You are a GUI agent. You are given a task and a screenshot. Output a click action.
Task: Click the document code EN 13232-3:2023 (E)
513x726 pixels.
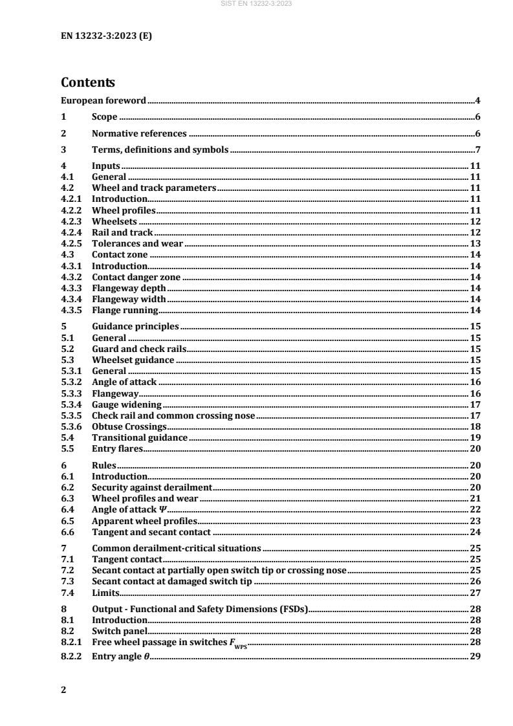pos(106,36)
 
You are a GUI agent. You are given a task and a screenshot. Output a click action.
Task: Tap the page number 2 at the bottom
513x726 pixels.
pos(63,689)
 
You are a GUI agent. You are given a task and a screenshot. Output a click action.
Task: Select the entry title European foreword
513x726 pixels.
pos(104,100)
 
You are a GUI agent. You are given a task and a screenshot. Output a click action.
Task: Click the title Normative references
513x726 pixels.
pos(139,134)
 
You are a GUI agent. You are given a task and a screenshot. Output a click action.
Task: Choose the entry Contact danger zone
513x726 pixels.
pos(131,277)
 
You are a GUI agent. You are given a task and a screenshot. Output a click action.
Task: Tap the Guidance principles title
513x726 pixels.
pos(135,327)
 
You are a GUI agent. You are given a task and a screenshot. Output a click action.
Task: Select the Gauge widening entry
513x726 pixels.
pos(127,404)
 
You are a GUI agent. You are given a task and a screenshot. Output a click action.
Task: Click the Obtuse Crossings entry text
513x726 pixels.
pos(129,427)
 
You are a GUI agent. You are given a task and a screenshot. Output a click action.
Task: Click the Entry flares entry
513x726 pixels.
pos(118,449)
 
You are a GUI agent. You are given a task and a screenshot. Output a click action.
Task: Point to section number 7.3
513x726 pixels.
pos(67,582)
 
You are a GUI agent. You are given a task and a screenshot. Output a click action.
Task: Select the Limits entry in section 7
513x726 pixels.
pos(105,593)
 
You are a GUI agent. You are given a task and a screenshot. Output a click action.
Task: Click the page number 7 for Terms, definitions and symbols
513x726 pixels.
pos(475,150)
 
